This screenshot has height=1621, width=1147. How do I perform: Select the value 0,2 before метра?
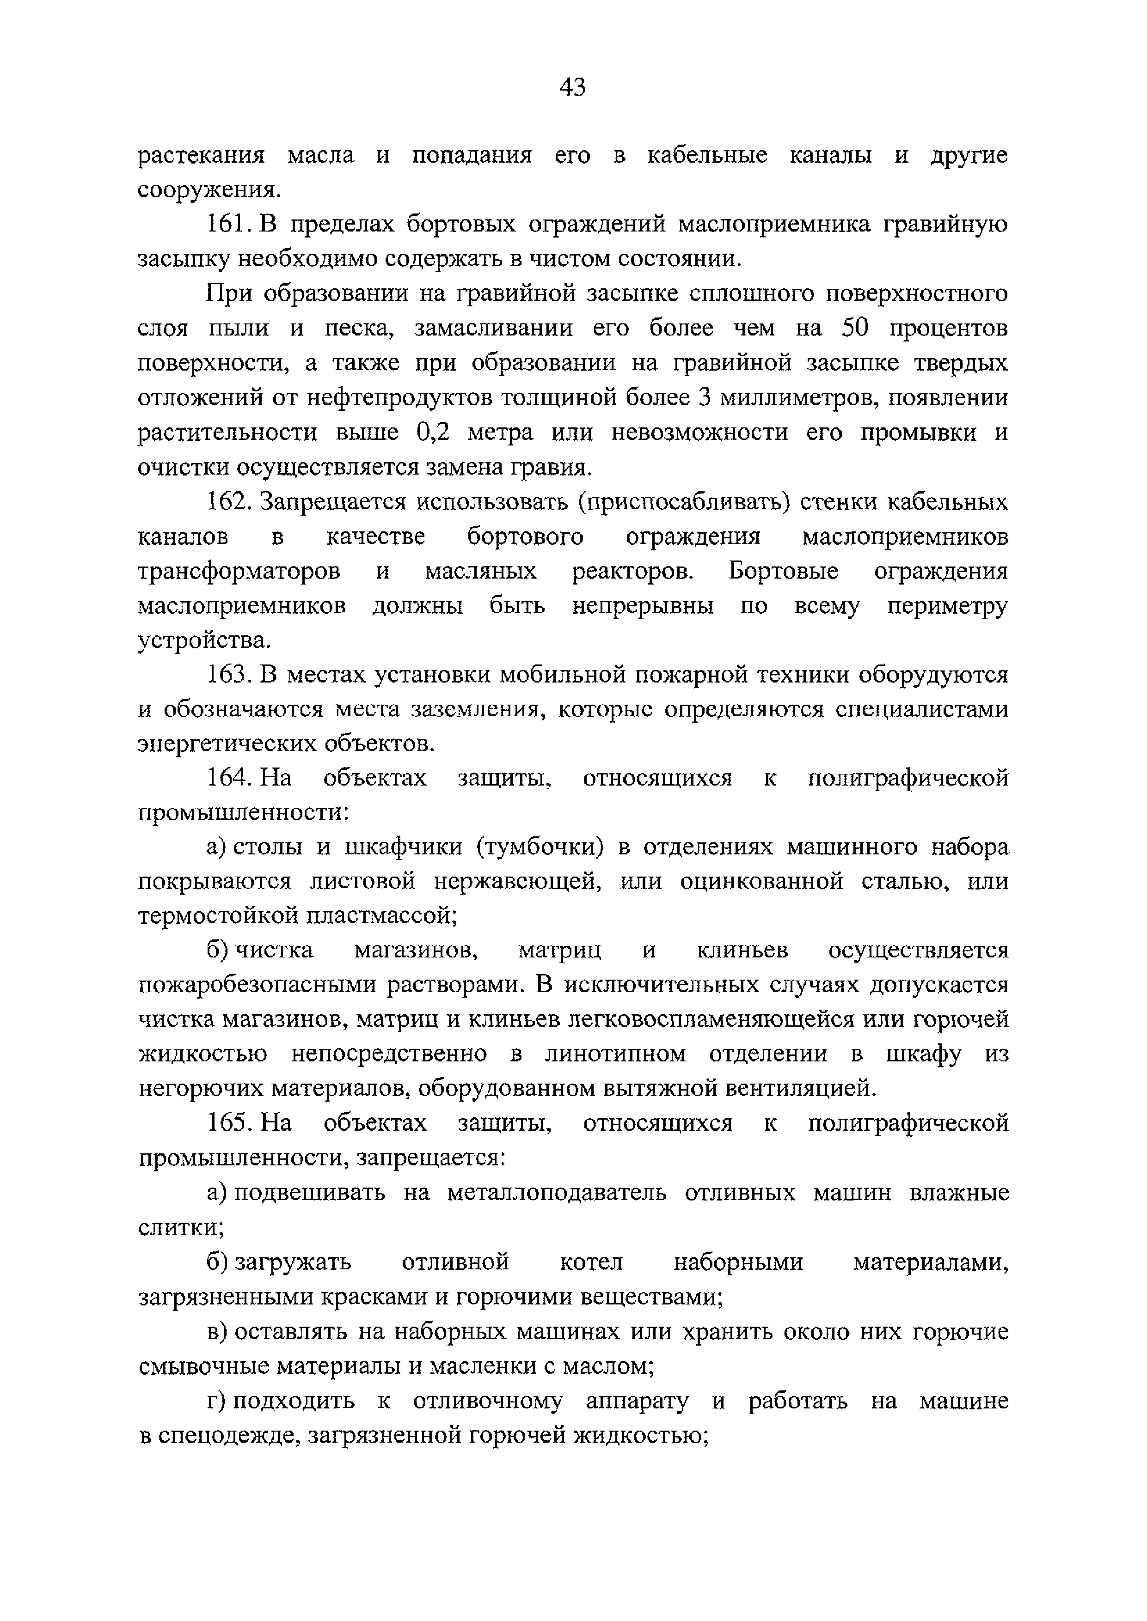(x=429, y=432)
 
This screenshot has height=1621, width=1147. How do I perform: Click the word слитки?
(x=181, y=1227)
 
